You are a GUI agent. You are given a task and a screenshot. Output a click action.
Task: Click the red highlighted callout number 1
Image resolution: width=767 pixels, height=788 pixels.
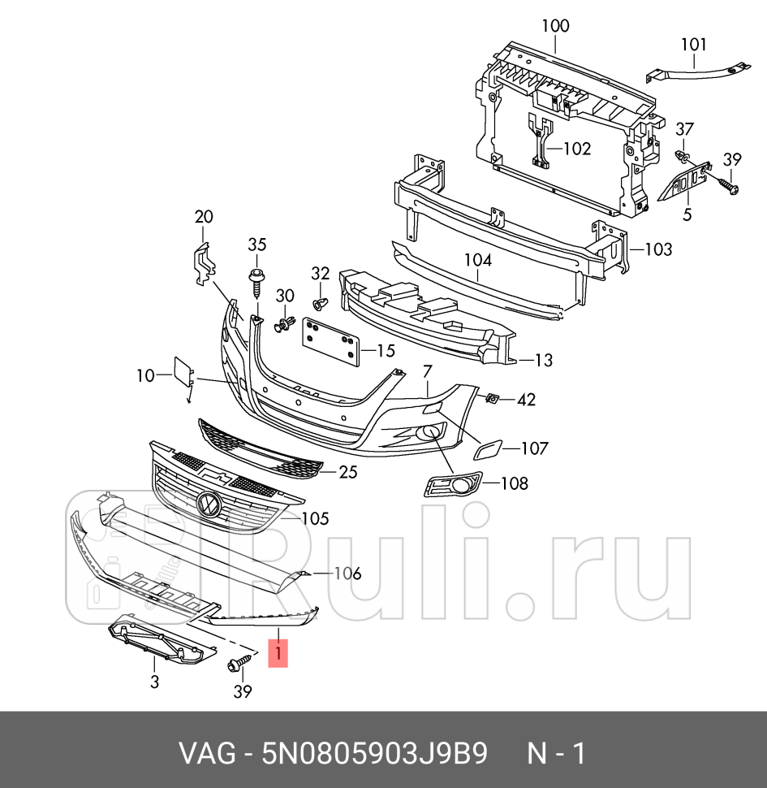[278, 651]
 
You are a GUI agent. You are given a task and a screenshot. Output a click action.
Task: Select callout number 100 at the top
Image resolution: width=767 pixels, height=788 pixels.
[555, 26]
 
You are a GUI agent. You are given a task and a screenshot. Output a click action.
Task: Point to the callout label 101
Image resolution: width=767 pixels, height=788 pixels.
[693, 45]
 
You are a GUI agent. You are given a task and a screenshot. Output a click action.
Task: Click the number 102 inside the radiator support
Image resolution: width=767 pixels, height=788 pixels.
[576, 149]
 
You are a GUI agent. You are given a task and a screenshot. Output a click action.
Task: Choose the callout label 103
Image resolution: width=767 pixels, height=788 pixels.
[657, 249]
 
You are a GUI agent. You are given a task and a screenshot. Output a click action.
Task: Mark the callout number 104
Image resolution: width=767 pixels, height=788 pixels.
[478, 260]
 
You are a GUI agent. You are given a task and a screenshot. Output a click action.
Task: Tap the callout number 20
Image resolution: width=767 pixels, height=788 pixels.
[203, 216]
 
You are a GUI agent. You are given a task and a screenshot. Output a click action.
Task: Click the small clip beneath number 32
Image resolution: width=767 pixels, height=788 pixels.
[319, 305]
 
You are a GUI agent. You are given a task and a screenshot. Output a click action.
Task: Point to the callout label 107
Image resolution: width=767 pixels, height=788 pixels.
[534, 448]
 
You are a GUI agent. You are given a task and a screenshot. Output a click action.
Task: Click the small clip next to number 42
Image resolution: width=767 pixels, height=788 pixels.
[492, 398]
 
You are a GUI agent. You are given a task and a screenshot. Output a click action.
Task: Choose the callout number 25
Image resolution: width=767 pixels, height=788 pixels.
[348, 471]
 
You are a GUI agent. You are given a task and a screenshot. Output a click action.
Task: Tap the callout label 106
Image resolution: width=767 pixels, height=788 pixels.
[346, 574]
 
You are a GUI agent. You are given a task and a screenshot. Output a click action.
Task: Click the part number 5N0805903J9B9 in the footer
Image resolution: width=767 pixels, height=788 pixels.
[374, 753]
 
